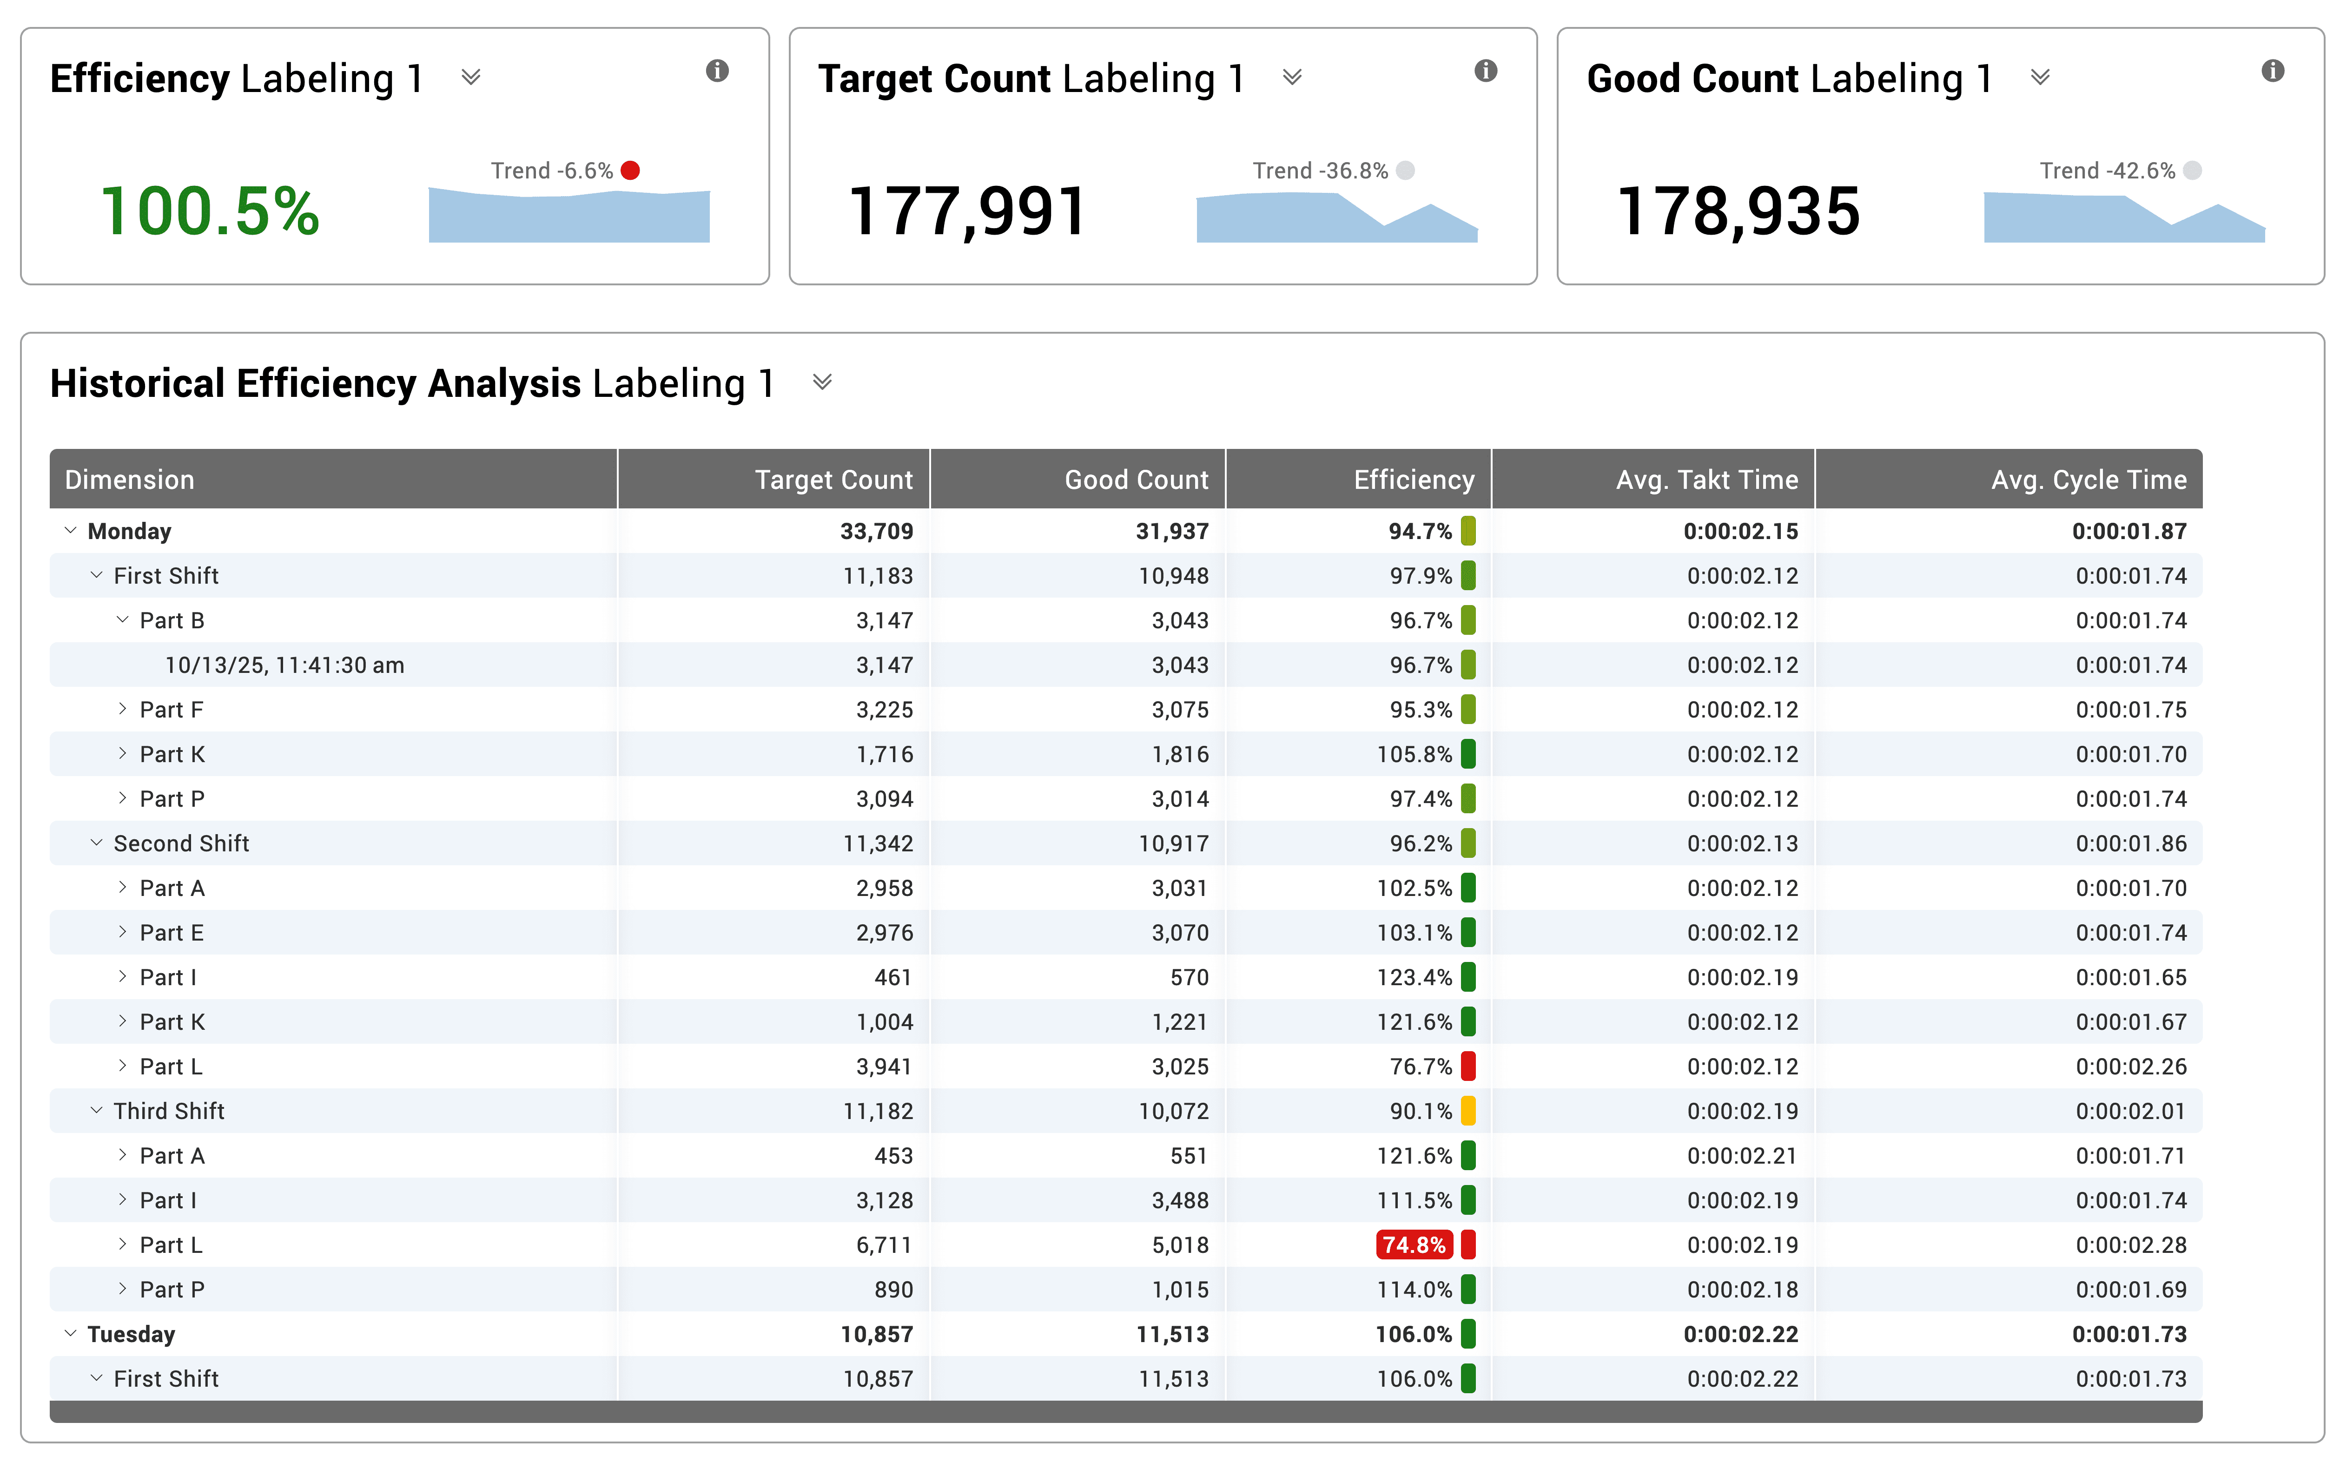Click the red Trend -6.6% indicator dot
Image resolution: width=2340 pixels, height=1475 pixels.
click(631, 171)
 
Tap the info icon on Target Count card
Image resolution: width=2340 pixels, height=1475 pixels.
click(1485, 71)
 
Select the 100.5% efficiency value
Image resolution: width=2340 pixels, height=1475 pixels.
click(210, 211)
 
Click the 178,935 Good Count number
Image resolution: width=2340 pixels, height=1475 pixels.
click(1738, 211)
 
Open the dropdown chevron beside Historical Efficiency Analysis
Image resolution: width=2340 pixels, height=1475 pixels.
click(822, 383)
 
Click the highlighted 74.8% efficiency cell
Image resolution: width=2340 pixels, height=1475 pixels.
click(1414, 1245)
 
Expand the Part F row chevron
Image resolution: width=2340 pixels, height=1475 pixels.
click(122, 709)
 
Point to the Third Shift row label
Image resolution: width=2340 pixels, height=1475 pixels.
click(169, 1111)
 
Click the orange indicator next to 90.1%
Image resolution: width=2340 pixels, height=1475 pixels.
click(1468, 1111)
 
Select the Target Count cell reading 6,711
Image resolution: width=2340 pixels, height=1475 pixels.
click(884, 1245)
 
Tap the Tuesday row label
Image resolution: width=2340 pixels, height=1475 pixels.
click(131, 1334)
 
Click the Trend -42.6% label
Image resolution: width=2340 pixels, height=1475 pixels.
click(2107, 171)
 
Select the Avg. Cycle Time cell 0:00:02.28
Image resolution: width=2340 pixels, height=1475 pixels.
click(2131, 1245)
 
